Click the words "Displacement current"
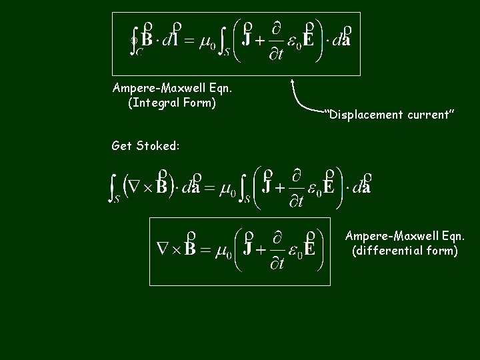pos(390,115)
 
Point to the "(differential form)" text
pos(405,251)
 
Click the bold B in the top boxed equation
pos(145,41)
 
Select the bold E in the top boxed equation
pos(309,41)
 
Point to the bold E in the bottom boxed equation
pos(309,249)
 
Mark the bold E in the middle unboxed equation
pos(328,187)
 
